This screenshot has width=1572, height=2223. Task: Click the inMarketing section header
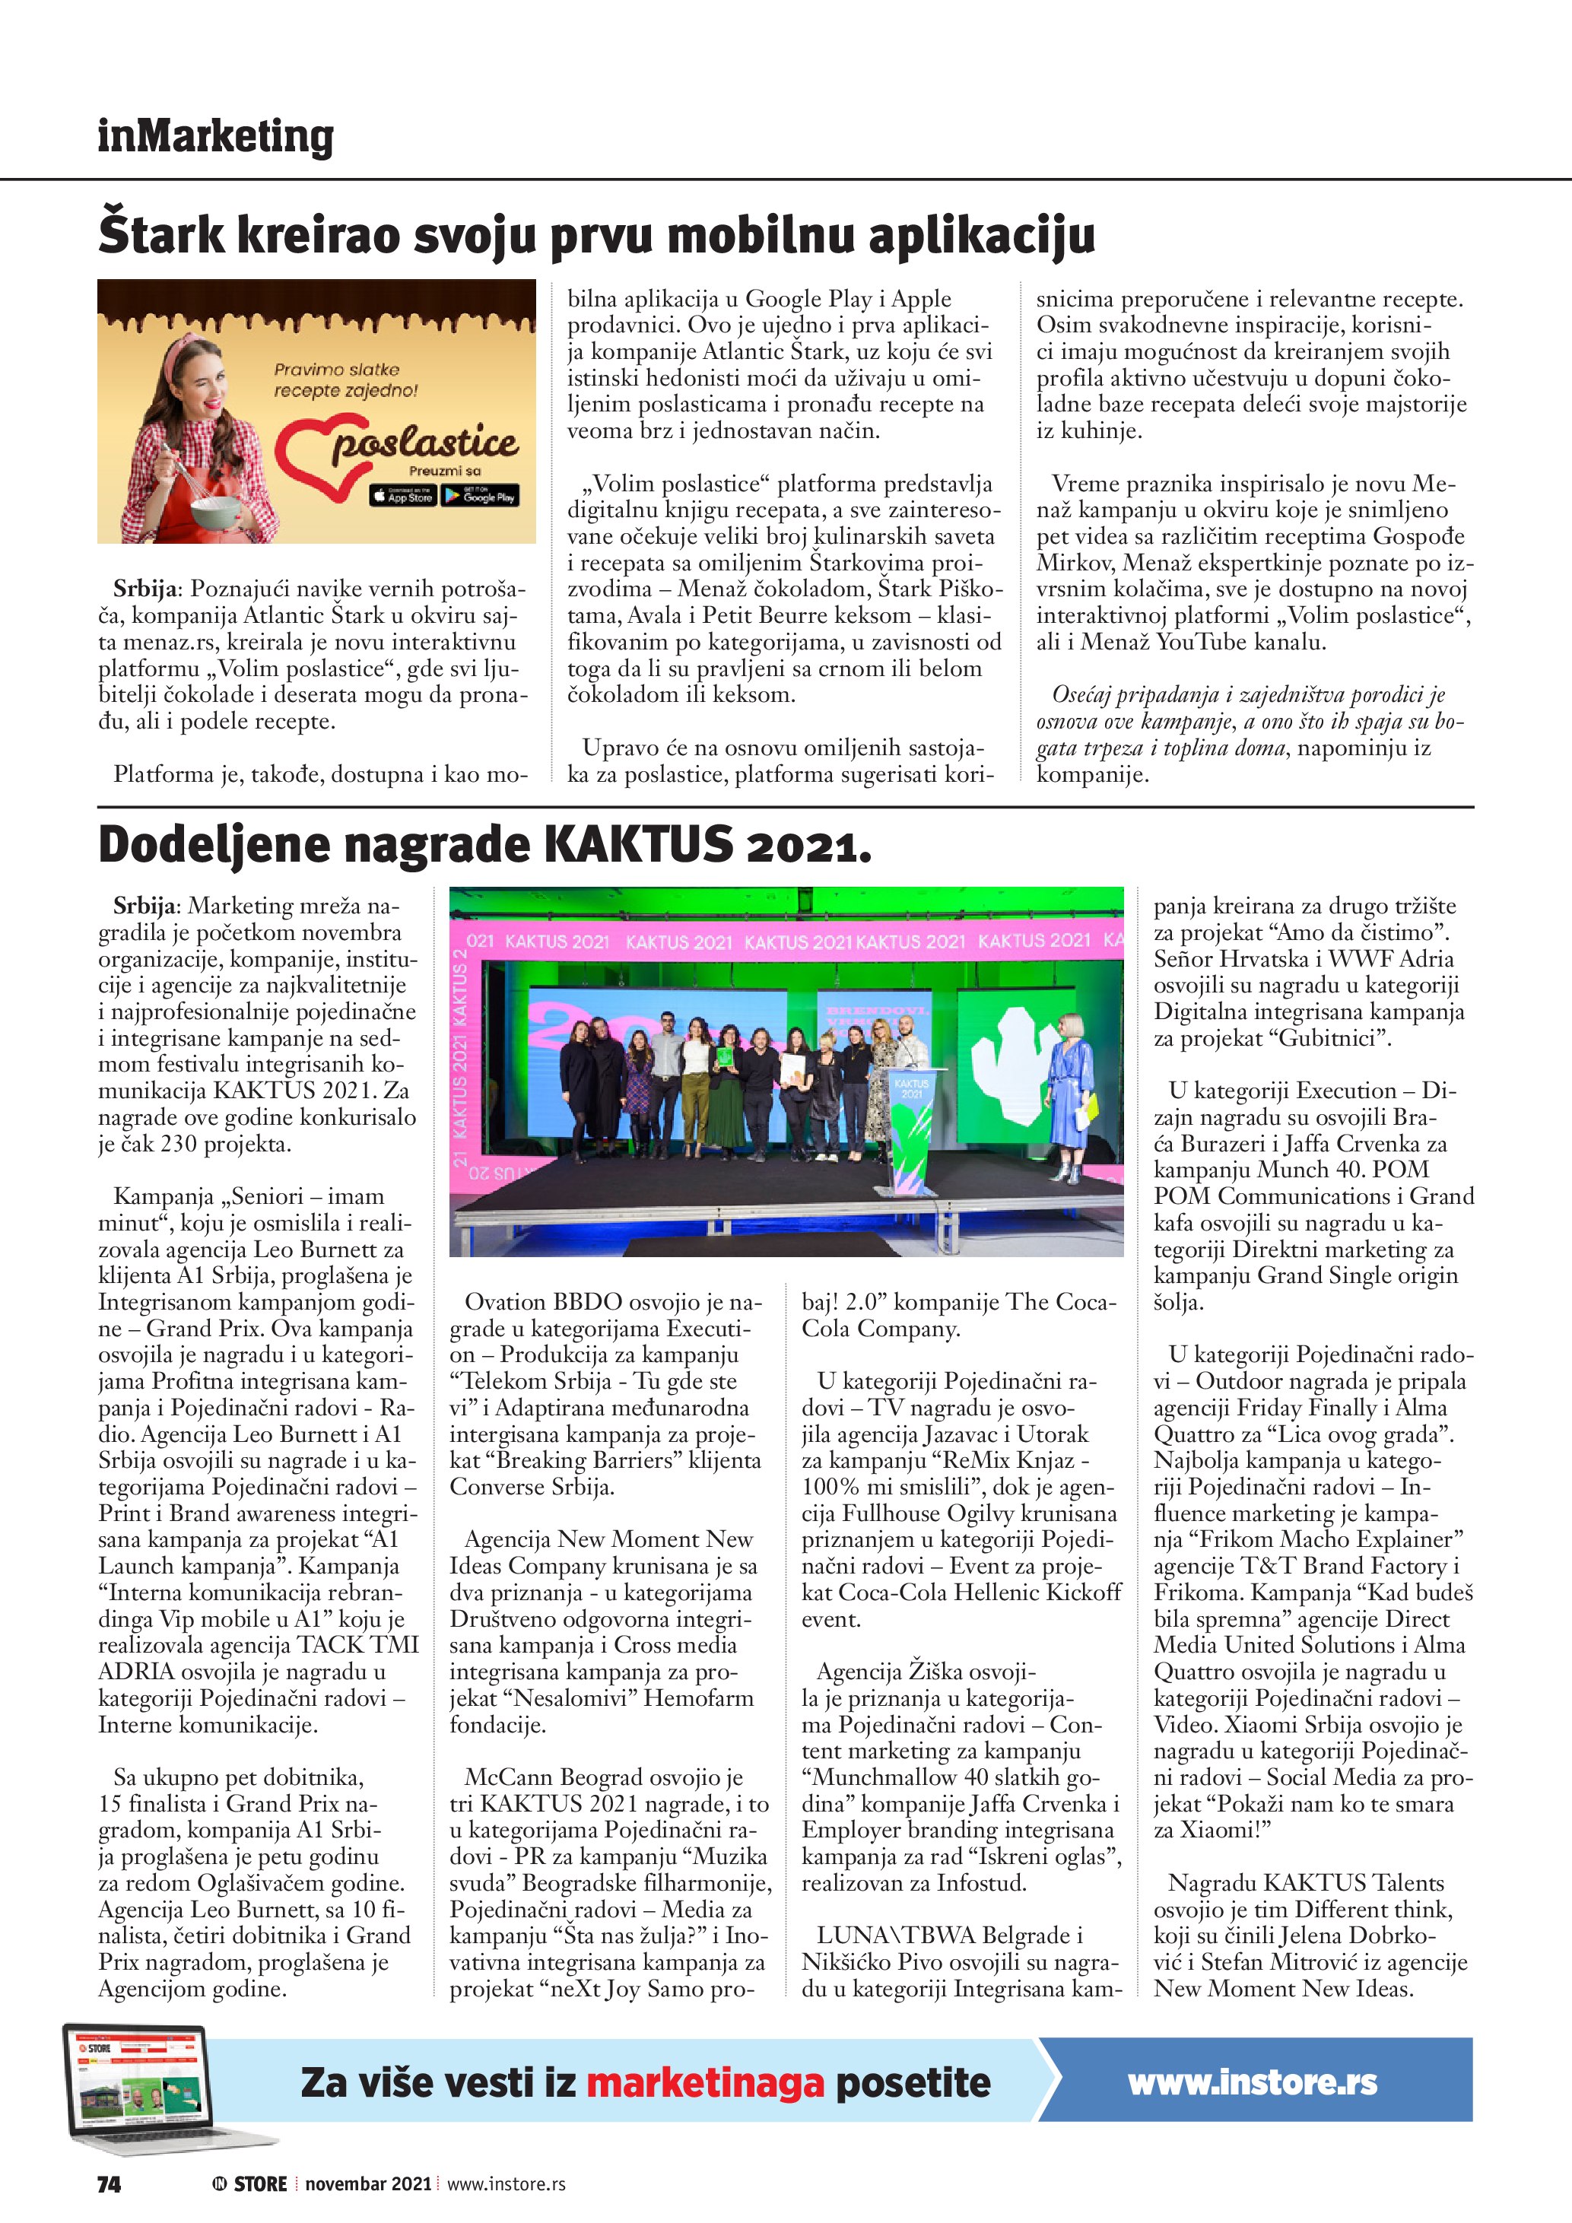click(x=215, y=137)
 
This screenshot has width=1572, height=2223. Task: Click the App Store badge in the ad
click(x=402, y=496)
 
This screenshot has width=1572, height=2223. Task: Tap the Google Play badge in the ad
click(x=480, y=496)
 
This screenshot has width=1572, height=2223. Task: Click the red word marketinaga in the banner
click(x=705, y=2082)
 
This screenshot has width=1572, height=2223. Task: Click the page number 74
click(x=110, y=2184)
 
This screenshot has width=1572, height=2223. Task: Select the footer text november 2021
click(x=368, y=2184)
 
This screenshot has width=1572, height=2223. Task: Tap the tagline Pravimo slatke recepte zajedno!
click(x=345, y=379)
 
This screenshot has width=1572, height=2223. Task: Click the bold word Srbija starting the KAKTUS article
click(x=145, y=907)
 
